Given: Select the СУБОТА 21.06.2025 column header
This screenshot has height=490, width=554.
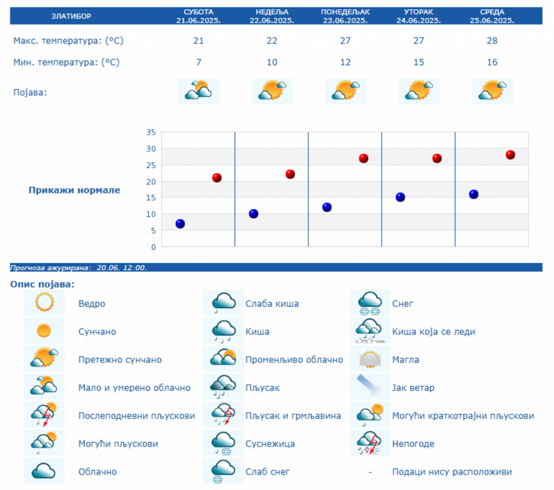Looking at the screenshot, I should click(198, 16).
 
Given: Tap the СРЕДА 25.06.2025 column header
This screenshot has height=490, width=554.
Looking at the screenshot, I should click(492, 16).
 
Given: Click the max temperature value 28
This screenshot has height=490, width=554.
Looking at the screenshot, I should click(492, 41).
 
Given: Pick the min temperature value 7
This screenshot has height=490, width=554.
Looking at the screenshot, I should click(198, 62).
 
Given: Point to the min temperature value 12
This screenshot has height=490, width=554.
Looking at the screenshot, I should click(345, 62).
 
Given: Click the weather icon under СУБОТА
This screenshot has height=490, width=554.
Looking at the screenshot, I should click(198, 91).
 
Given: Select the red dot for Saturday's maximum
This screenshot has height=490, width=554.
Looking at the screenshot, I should click(217, 178).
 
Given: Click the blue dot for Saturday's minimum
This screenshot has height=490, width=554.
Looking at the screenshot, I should click(180, 223).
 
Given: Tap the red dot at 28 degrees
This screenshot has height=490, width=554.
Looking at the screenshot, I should click(510, 155).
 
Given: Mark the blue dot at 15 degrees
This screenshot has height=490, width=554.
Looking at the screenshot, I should click(400, 197).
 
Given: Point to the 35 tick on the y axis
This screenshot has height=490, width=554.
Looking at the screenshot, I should click(151, 132).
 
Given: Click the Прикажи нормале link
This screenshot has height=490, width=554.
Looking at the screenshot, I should click(74, 190).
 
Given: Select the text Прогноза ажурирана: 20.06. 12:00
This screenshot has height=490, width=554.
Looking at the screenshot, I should click(79, 267).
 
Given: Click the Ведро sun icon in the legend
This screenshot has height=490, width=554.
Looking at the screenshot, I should click(44, 303).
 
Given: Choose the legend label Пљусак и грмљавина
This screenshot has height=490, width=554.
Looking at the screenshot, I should click(293, 416).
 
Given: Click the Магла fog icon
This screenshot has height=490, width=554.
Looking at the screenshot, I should click(371, 359).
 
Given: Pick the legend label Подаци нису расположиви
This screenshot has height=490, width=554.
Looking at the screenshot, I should click(452, 472).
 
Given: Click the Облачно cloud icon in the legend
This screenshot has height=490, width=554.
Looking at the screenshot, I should click(44, 472).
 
